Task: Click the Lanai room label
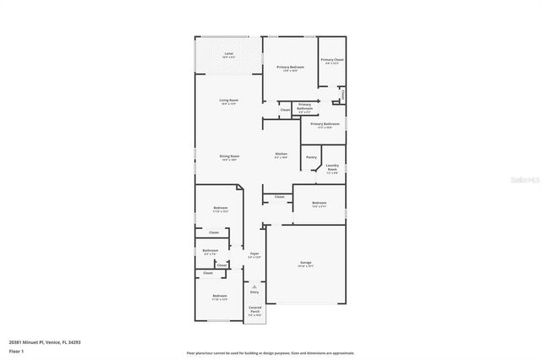(228, 55)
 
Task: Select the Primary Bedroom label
(290, 68)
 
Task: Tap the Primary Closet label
(331, 61)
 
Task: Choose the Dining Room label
(229, 156)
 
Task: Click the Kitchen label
(281, 155)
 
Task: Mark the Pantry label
(311, 157)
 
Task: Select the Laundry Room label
(332, 167)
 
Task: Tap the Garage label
(305, 264)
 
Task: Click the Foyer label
(254, 254)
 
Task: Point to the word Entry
(254, 292)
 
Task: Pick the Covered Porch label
(254, 310)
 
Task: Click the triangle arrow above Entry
(254, 286)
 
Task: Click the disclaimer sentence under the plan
(270, 352)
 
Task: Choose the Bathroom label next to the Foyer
(210, 251)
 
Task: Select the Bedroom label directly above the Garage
(319, 204)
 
